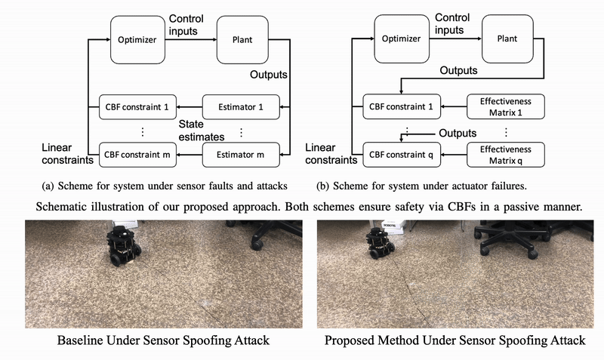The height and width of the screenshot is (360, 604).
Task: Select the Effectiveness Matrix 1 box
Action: (x=505, y=107)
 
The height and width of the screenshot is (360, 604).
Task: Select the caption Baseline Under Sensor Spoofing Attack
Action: (x=162, y=341)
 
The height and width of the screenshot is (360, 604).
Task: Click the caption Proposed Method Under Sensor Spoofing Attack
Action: (x=455, y=341)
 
